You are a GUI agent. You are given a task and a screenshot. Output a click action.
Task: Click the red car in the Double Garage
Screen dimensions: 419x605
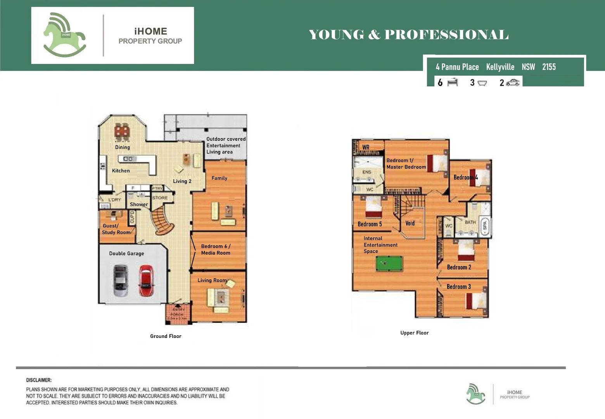146,280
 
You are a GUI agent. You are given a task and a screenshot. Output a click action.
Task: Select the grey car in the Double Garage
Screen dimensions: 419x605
121,280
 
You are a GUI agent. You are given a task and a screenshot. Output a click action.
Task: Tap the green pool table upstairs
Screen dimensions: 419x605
389,264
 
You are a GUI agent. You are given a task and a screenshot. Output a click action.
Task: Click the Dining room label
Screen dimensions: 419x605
123,147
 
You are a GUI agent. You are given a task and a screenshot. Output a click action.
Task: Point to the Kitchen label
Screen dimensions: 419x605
121,171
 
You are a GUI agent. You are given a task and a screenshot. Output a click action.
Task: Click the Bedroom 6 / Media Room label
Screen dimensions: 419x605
216,249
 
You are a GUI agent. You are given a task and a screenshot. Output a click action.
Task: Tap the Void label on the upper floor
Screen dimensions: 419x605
410,223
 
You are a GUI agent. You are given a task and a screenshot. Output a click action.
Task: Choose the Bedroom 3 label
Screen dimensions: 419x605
459,287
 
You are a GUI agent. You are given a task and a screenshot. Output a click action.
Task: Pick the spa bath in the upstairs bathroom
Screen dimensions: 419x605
485,227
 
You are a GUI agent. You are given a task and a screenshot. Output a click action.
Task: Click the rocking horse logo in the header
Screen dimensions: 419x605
64,35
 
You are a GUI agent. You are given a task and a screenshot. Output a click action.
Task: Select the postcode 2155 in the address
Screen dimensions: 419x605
549,67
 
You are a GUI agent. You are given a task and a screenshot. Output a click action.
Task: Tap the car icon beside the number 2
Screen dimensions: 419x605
513,82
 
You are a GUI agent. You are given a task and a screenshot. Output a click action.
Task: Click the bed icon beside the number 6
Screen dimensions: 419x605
453,82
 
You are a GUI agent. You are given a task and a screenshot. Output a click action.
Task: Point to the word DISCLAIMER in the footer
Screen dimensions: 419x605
39,380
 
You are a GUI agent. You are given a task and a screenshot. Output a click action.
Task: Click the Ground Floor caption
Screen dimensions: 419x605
166,336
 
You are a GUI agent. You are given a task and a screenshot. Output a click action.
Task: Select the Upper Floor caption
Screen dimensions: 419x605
414,333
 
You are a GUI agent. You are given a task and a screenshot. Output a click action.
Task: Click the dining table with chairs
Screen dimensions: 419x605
122,132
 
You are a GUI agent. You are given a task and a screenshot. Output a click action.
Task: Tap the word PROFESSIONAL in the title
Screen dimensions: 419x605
446,35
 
